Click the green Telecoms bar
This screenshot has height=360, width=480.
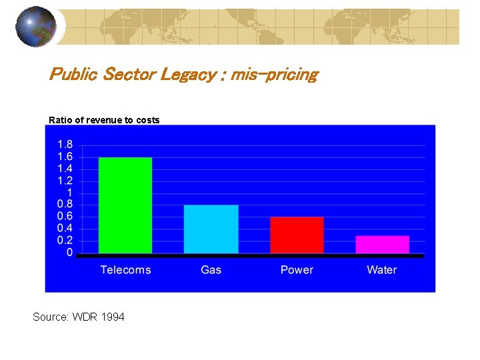[x=125, y=205]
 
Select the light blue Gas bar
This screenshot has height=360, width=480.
[x=211, y=229]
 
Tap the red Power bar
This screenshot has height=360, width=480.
[x=297, y=235]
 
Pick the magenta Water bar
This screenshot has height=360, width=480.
[x=382, y=244]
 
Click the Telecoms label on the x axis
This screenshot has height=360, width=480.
[x=125, y=270]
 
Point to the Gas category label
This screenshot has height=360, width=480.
[x=211, y=270]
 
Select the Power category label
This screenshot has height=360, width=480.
[x=297, y=270]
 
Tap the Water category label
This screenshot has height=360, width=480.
[x=382, y=270]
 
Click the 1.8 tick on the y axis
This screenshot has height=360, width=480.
[x=65, y=145]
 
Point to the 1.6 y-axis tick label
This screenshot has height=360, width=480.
[x=65, y=157]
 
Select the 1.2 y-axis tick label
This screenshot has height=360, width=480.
[x=65, y=181]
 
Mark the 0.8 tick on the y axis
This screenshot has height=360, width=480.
[x=65, y=205]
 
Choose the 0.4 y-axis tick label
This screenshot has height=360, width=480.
[x=65, y=229]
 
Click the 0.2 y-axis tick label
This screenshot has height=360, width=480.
[x=65, y=241]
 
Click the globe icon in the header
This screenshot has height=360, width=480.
[x=36, y=26]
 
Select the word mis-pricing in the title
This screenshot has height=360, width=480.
[x=274, y=74]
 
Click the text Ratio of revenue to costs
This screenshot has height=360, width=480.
[x=104, y=120]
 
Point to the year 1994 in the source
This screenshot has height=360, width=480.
[x=113, y=317]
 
